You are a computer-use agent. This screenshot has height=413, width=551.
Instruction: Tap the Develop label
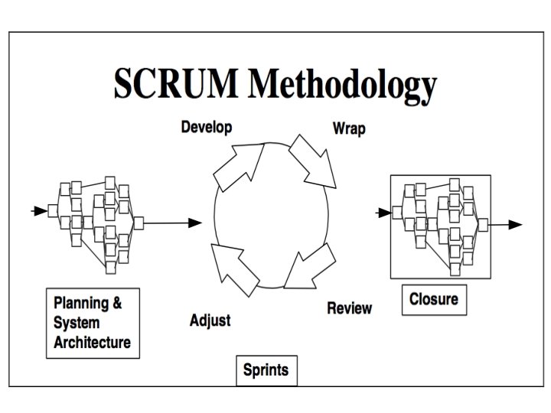[x=206, y=127]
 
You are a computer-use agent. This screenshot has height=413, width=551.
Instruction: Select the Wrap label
[x=348, y=128]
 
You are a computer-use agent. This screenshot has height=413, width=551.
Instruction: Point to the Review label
[x=349, y=308]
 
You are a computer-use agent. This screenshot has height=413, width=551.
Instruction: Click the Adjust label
[x=210, y=320]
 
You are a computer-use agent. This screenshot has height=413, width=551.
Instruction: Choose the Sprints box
[x=266, y=371]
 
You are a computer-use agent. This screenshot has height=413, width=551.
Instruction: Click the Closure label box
[x=434, y=298]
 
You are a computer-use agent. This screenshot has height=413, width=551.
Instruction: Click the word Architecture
[x=92, y=342]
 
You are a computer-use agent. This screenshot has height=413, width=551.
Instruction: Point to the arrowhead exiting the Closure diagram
[x=515, y=225]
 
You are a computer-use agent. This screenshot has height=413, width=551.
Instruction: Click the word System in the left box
[x=74, y=323]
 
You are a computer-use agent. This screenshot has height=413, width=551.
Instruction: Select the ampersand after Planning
[x=116, y=303]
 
